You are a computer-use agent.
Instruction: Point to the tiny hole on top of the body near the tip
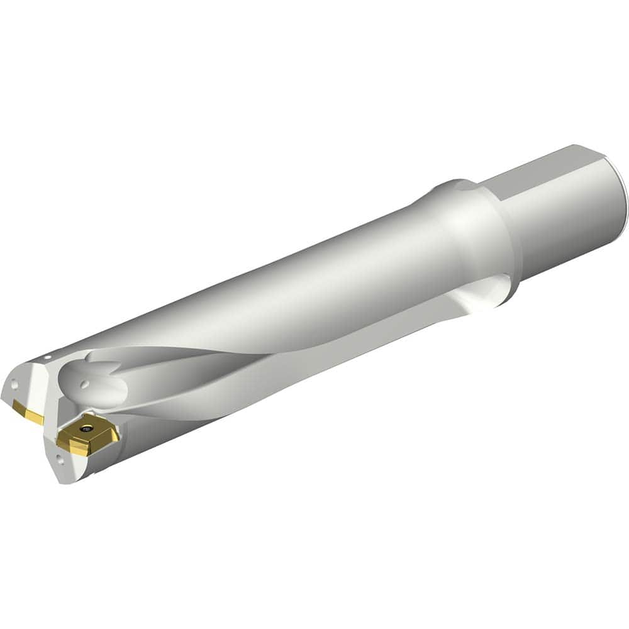[x=47, y=359]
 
